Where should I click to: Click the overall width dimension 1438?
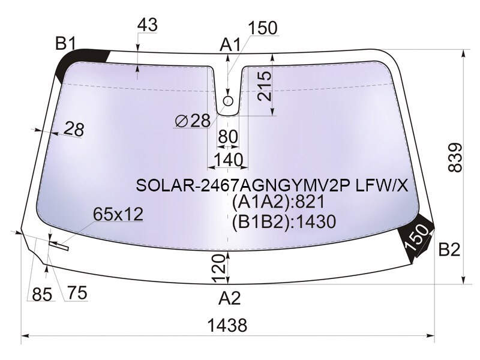point(227,325)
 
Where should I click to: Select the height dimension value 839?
point(455,157)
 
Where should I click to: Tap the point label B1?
point(65,43)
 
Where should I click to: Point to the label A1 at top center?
point(230,46)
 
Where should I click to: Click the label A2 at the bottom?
point(230,298)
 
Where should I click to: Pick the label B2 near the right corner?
point(449,250)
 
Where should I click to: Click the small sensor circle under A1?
point(228,101)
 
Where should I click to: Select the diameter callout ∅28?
point(193,121)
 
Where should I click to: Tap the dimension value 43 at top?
point(147,25)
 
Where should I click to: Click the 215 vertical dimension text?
point(265,86)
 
